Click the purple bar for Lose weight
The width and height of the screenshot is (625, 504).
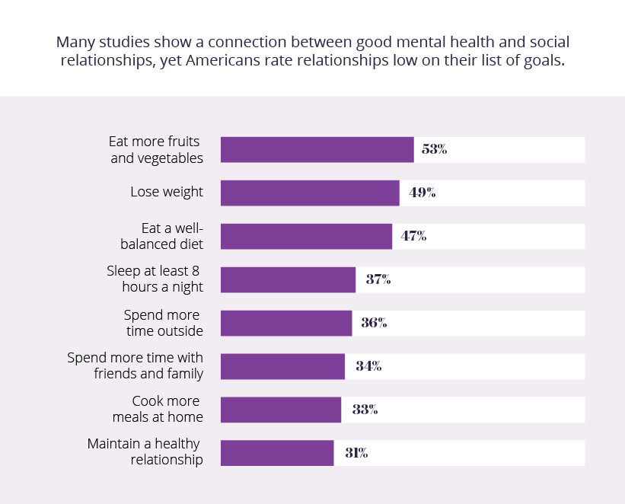point(310,193)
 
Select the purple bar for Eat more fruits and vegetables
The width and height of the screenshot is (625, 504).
point(317,150)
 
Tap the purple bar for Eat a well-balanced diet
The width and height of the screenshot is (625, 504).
point(306,237)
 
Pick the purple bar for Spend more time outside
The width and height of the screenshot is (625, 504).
point(286,324)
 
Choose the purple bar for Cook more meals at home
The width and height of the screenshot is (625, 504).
point(281,410)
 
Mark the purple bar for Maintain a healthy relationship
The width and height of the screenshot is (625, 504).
point(277,454)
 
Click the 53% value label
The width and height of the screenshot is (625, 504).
point(434,150)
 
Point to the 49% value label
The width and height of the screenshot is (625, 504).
point(422,193)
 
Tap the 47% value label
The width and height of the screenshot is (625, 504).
point(413,237)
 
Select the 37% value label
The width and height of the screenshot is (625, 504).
point(378,280)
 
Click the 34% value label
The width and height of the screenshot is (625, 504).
point(368,367)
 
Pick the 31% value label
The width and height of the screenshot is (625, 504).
point(356,454)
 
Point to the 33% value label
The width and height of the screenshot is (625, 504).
point(365,410)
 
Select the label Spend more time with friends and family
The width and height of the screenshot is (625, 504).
point(136,365)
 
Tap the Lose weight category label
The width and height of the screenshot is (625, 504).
point(167,192)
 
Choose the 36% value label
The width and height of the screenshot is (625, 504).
point(374,324)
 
